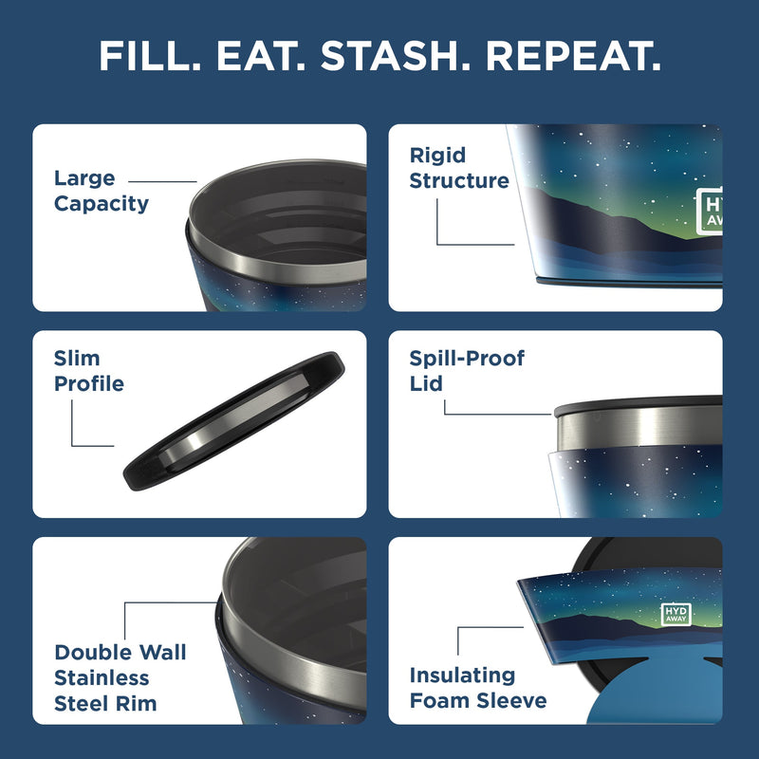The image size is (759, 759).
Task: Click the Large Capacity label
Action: pyautogui.click(x=101, y=191)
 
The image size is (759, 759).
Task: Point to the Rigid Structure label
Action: pyautogui.click(x=459, y=168)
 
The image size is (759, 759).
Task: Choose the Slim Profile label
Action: pyautogui.click(x=88, y=371)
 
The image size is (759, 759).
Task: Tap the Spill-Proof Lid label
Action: pyautogui.click(x=466, y=370)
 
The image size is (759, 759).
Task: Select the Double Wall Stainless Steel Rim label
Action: pyautogui.click(x=120, y=677)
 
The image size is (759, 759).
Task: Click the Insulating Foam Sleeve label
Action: pyautogui.click(x=477, y=688)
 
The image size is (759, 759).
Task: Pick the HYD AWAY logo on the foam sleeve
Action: pyautogui.click(x=675, y=614)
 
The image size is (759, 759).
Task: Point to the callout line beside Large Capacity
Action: pyautogui.click(x=162, y=180)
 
